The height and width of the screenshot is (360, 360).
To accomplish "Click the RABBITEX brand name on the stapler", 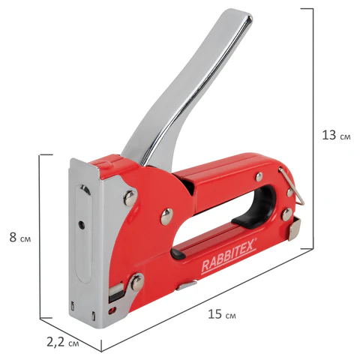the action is pos(229,256).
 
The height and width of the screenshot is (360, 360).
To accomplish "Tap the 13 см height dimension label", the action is pos(336,135).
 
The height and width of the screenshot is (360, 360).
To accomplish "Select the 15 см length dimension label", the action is pos(222,314).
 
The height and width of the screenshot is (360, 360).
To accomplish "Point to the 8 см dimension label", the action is pos(20,238).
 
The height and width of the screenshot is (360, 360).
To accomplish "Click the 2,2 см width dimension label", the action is pos(63,343).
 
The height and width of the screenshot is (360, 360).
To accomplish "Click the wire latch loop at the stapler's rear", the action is pos(292,185).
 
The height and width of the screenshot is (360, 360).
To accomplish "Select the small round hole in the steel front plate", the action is pos(81,224).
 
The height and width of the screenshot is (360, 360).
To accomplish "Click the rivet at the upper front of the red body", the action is pos(130,199).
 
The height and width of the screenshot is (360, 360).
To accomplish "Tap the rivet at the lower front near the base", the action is pos(137,283).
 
